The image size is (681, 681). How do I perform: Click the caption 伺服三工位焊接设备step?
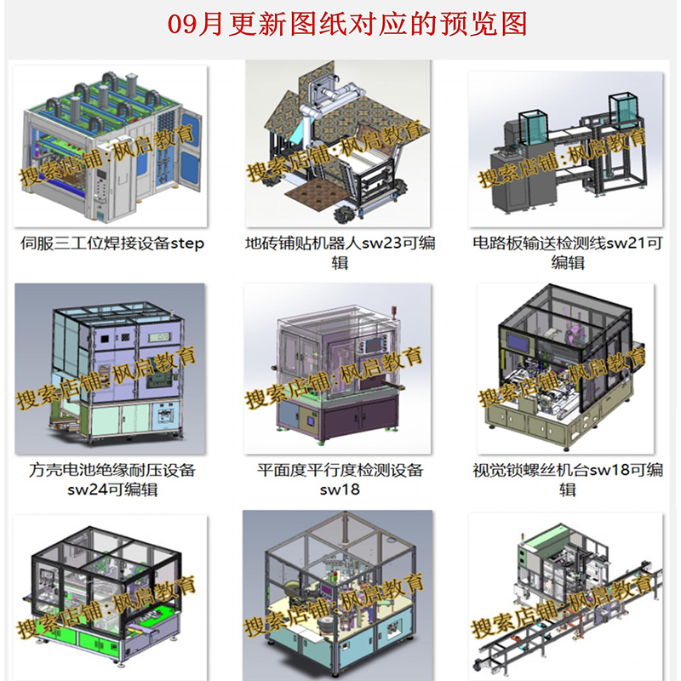click(x=112, y=243)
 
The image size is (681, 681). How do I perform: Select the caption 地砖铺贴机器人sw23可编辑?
click(x=340, y=253)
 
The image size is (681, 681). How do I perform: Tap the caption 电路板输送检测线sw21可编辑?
click(x=568, y=253)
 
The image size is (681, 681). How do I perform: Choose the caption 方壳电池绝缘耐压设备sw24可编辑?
click(x=112, y=479)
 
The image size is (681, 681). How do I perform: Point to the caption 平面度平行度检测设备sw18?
click(x=340, y=479)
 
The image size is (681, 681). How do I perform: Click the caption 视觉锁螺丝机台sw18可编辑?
click(x=568, y=479)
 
